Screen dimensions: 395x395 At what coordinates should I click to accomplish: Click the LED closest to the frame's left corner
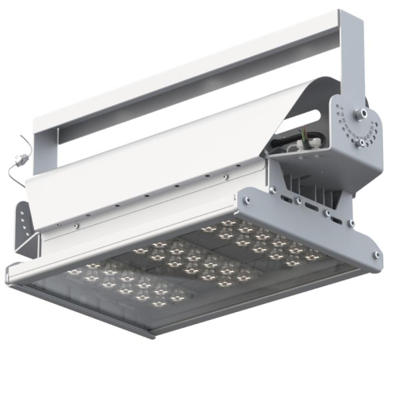[76, 272]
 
